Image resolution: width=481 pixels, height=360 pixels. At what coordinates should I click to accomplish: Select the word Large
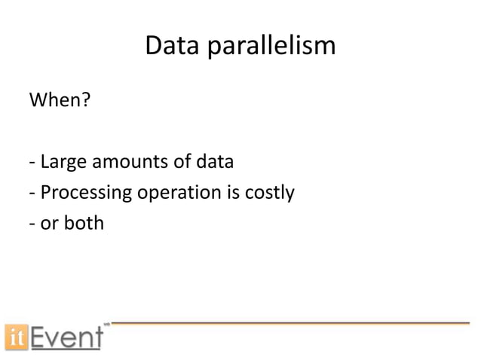click(63, 163)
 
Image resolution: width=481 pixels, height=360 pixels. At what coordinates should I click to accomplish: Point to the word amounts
click(126, 163)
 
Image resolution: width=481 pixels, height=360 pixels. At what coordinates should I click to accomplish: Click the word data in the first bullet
click(214, 163)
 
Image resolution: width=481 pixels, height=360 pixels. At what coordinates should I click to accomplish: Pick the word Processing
click(85, 194)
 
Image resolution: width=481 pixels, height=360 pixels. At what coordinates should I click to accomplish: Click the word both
click(83, 223)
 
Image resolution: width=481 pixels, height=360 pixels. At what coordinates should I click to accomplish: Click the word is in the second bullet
click(225, 193)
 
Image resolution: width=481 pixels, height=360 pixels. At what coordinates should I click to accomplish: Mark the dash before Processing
click(32, 194)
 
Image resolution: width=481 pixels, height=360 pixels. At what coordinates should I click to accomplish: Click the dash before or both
click(32, 224)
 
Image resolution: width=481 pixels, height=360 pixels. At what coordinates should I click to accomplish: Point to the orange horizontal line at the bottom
click(290, 322)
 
